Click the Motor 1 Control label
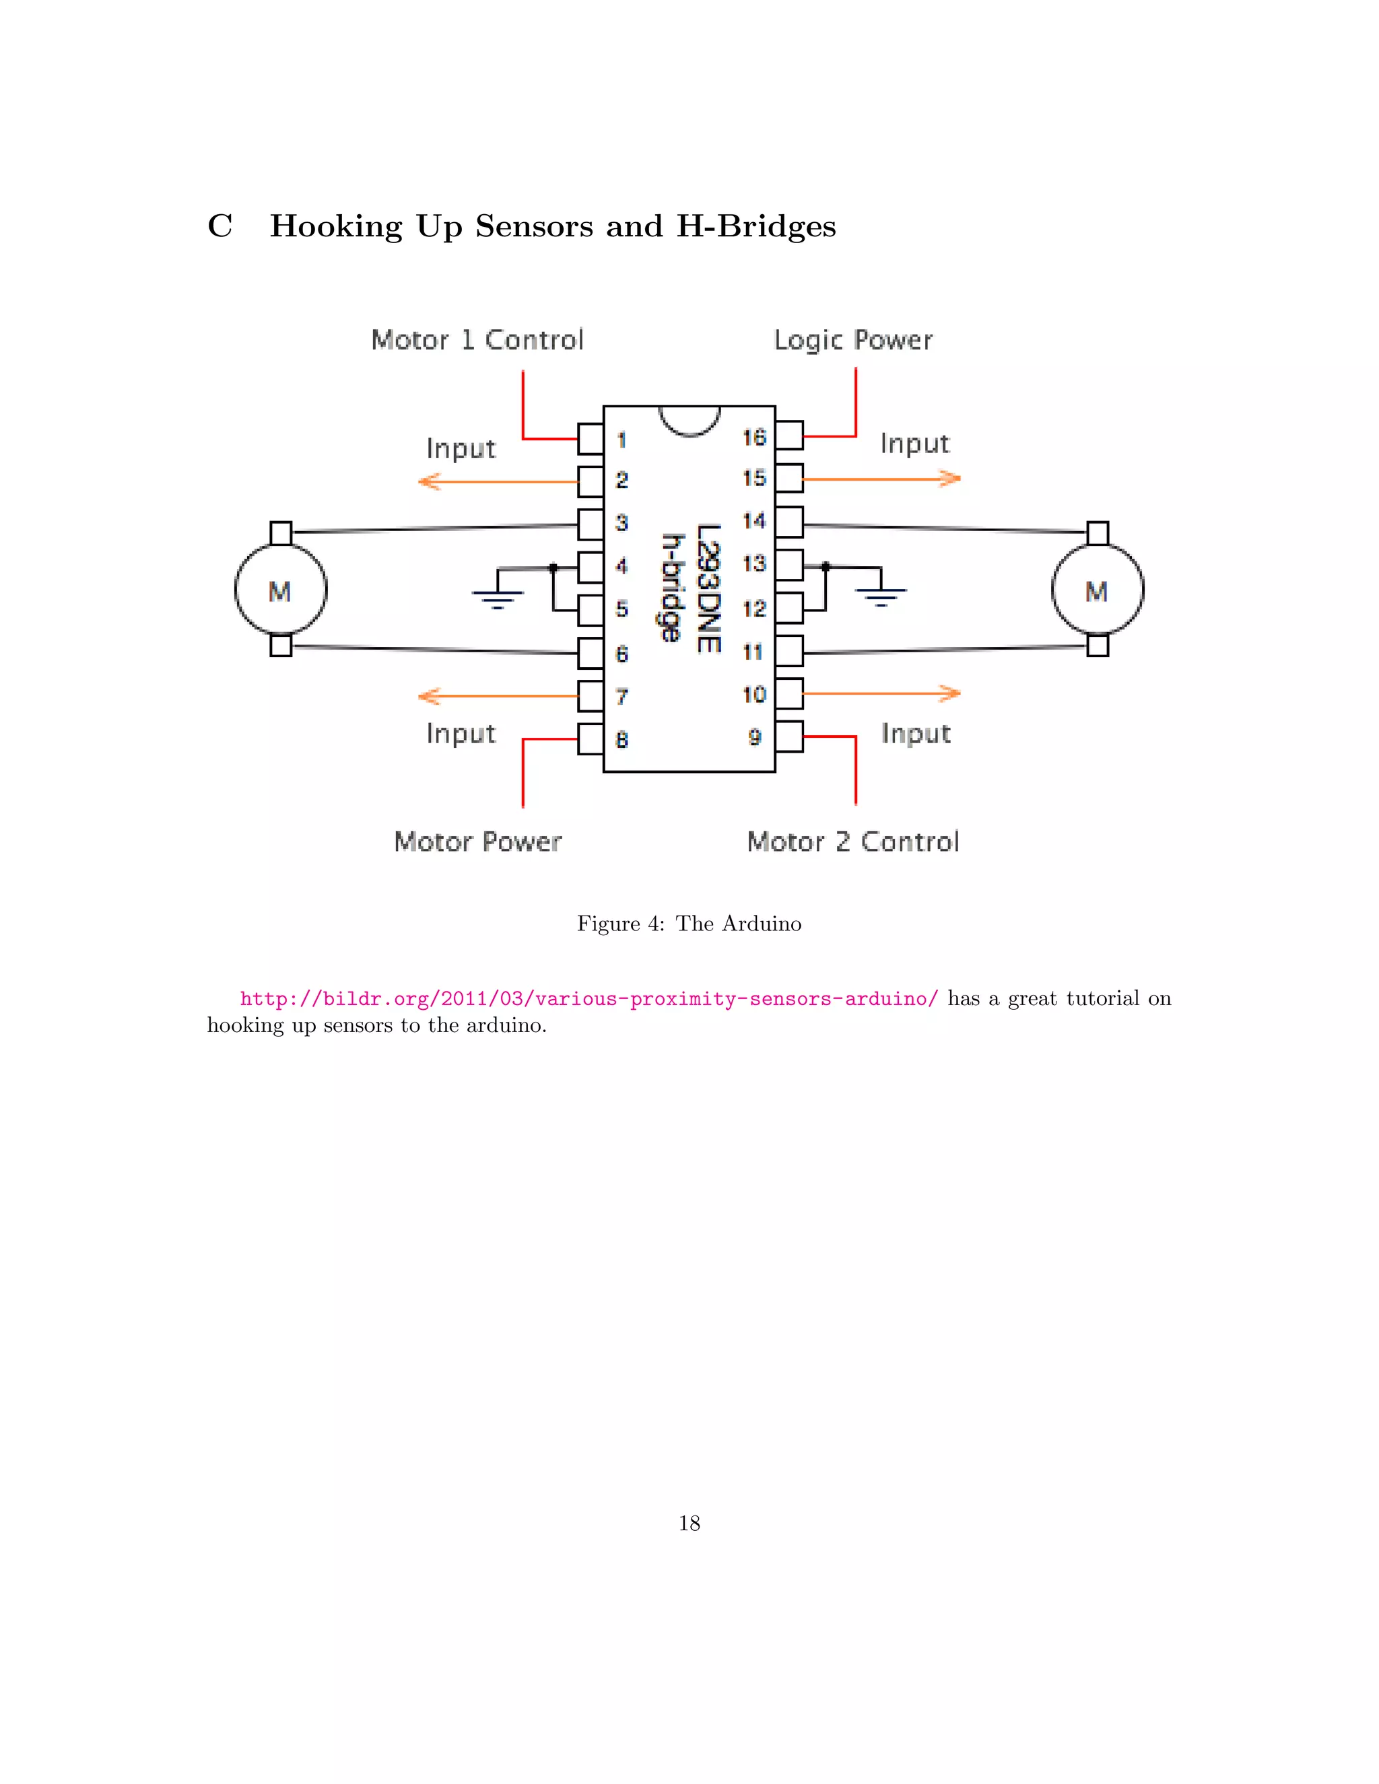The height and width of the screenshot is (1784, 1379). pos(477,340)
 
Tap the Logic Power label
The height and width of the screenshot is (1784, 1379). pos(853,340)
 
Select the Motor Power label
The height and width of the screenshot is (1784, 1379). pos(478,842)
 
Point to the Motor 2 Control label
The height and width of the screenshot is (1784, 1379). pos(853,842)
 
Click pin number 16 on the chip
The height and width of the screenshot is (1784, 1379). pos(754,438)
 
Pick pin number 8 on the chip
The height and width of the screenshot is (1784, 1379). pos(621,740)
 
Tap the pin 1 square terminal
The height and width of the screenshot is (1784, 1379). pos(590,439)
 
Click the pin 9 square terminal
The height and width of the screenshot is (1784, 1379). pos(789,736)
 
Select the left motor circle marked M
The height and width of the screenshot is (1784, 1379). pos(280,590)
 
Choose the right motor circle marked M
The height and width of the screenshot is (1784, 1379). pos(1097,590)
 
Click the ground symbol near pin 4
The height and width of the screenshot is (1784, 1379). pos(497,598)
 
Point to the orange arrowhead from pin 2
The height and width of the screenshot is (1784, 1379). pos(429,482)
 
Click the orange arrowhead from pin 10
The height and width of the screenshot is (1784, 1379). pos(949,693)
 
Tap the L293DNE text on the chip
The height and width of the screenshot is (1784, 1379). pos(708,588)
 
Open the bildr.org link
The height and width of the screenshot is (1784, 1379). pos(588,998)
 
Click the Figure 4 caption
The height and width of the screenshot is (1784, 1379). pos(689,924)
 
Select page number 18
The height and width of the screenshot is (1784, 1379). pos(689,1523)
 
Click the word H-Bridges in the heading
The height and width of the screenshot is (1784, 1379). pos(755,226)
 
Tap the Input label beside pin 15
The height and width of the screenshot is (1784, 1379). pos(914,444)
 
